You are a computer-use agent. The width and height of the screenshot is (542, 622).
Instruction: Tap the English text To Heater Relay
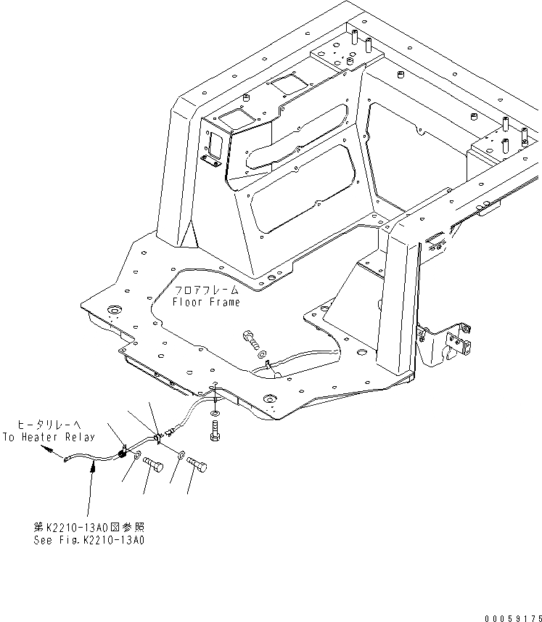[x=48, y=437]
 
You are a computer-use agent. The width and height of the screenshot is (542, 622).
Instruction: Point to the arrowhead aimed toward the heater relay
[x=47, y=449]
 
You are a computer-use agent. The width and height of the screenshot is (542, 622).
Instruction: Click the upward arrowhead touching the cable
[x=92, y=470]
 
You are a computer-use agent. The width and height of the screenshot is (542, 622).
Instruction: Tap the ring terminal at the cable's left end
[x=66, y=459]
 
